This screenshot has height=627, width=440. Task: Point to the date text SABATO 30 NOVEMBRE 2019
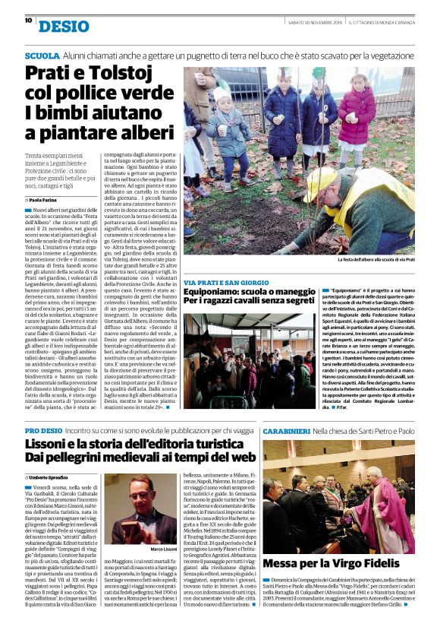point(315,21)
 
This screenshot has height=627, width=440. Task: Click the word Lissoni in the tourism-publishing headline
point(54,445)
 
